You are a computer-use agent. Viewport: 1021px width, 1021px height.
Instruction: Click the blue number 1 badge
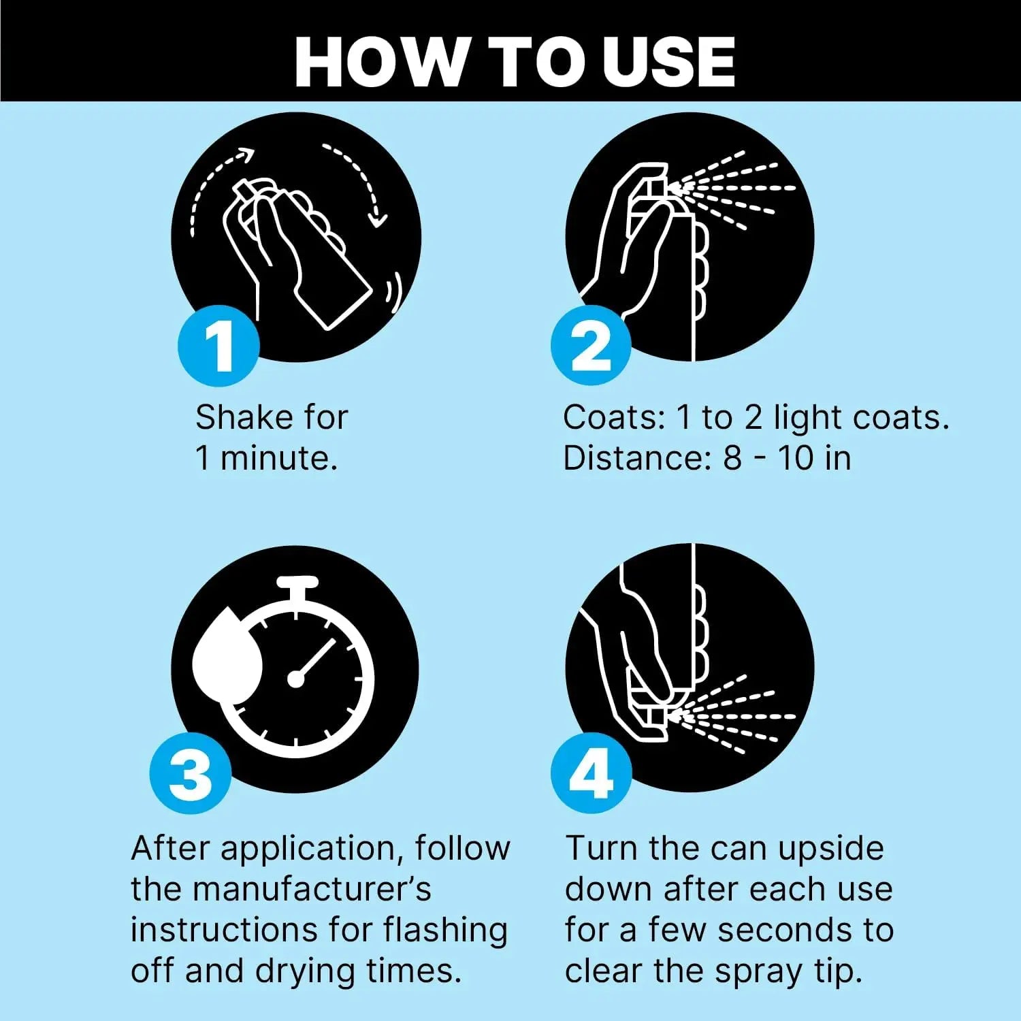coord(218,346)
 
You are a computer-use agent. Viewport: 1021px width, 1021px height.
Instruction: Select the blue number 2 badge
coord(591,346)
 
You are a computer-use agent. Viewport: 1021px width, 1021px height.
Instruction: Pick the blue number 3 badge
coord(191,773)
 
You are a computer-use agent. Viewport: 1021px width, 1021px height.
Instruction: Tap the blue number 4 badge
coord(591,773)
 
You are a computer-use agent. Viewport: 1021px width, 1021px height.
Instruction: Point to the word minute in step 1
coord(278,457)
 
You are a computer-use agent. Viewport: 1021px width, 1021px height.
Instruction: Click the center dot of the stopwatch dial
coord(296,678)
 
